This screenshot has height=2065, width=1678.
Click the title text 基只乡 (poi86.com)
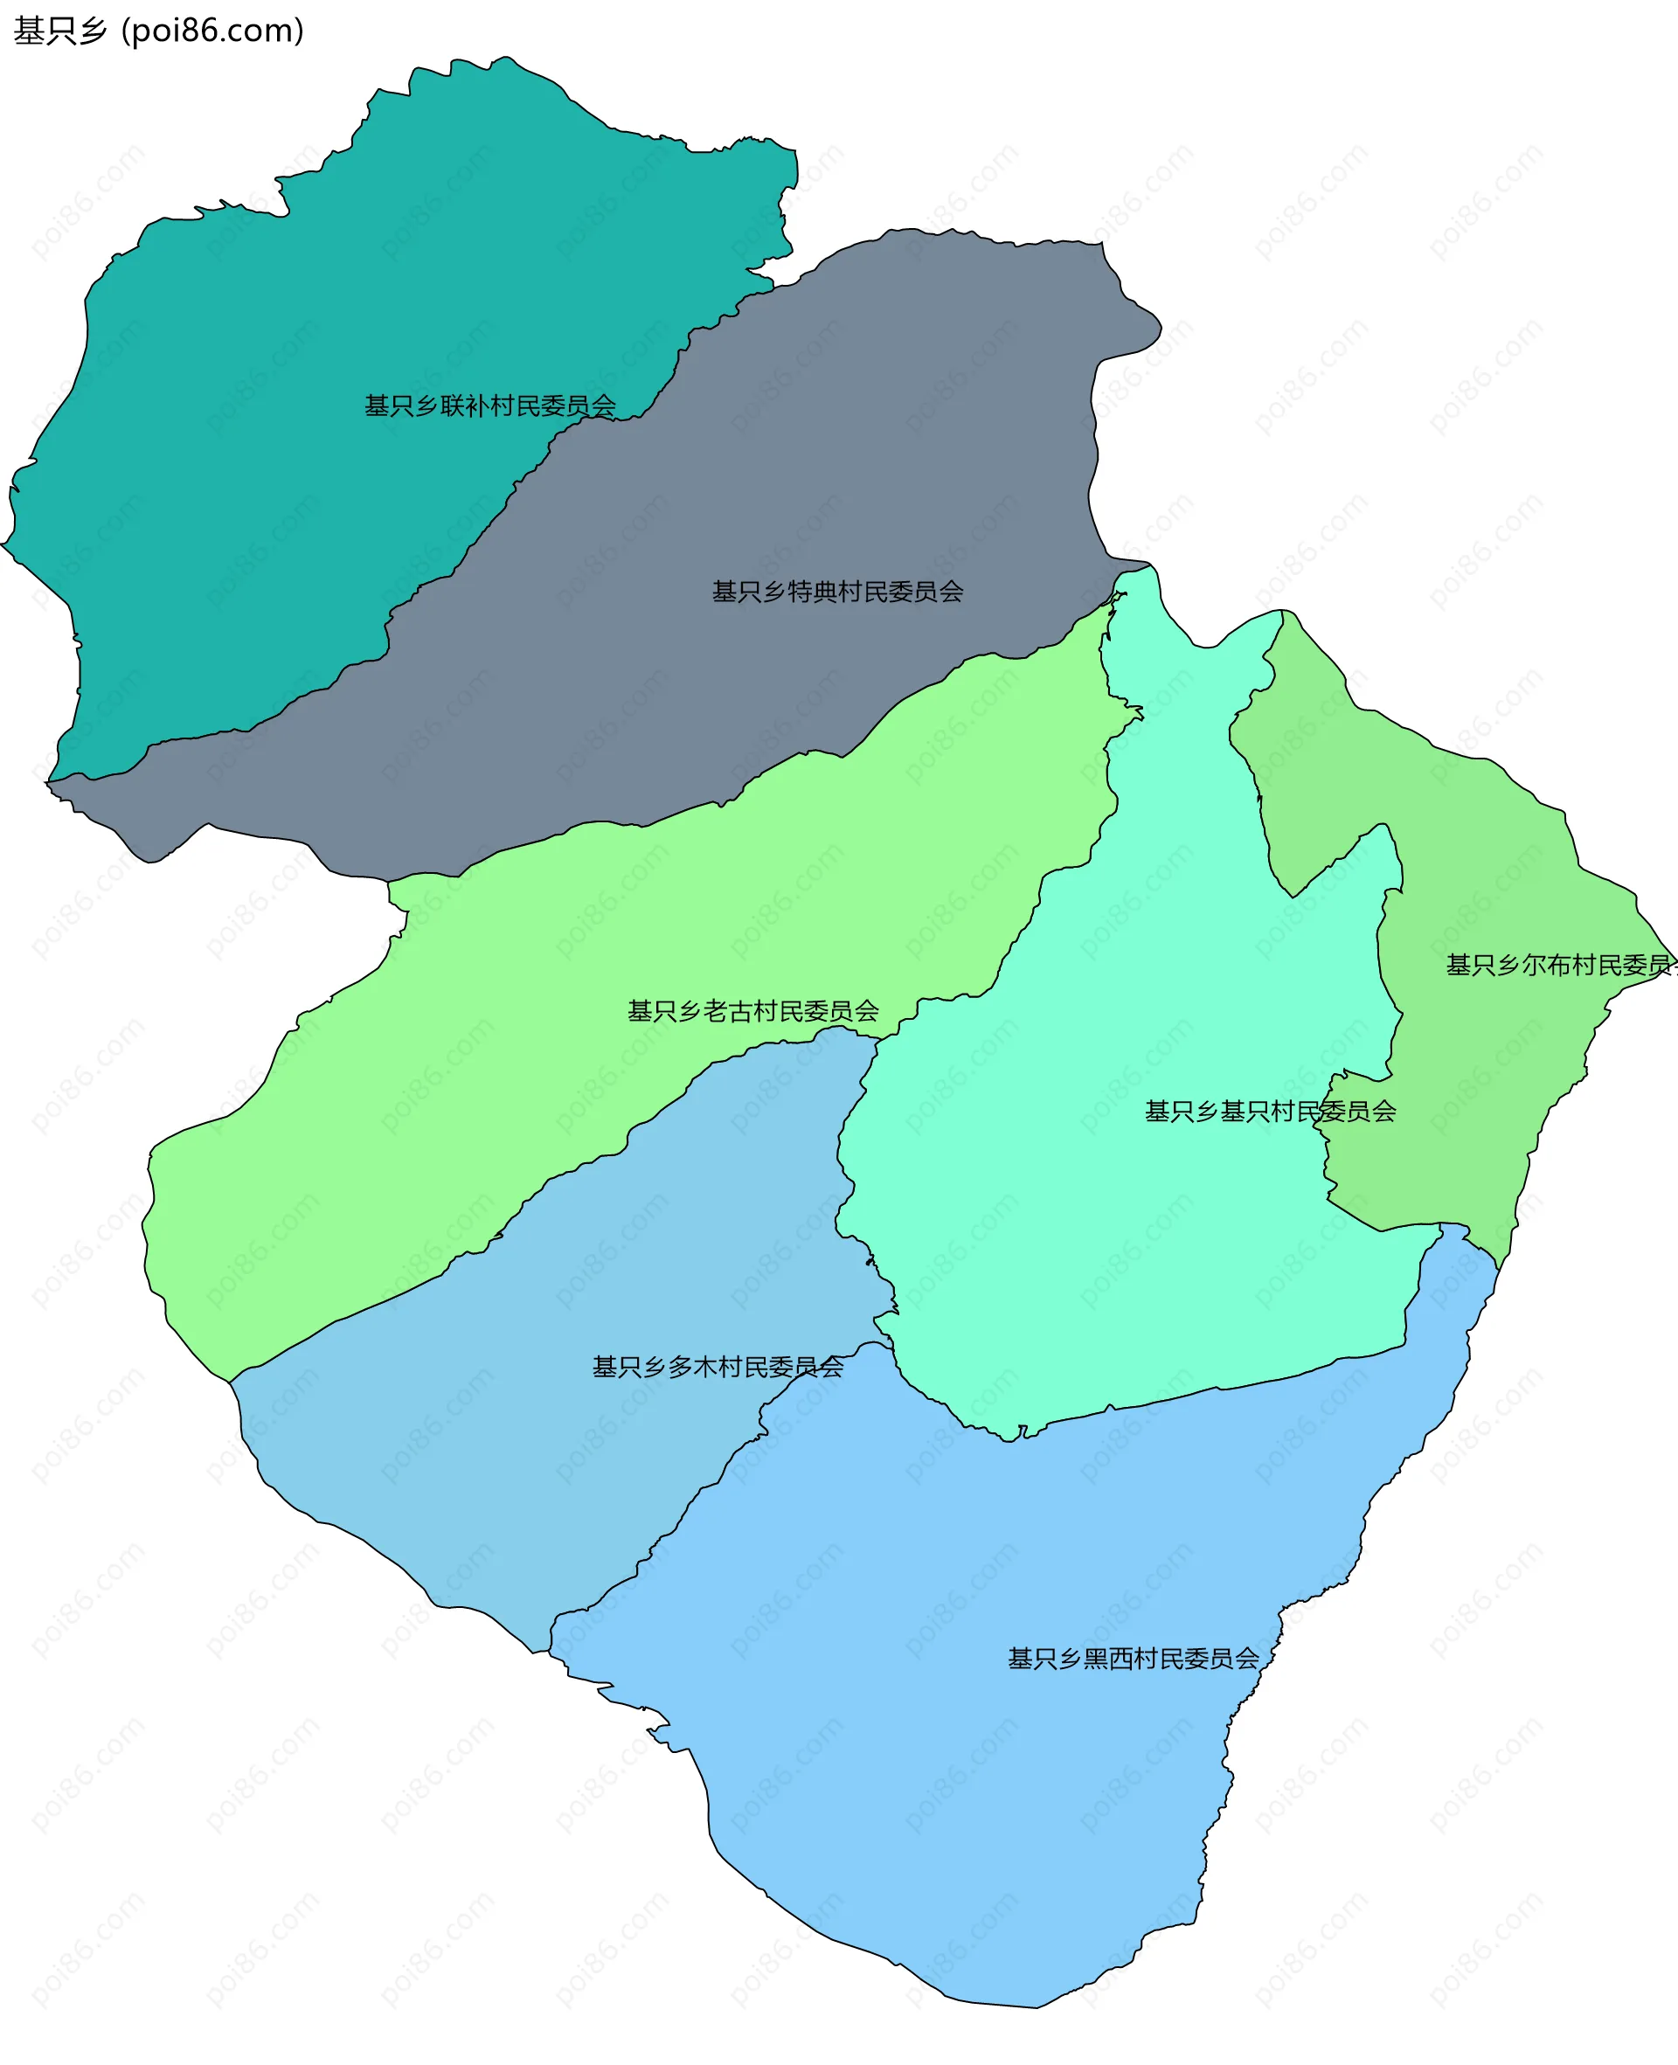tap(158, 31)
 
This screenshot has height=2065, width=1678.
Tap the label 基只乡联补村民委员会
tap(490, 405)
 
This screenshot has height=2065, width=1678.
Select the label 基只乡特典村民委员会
tap(837, 592)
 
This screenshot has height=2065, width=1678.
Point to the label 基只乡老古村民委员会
tap(753, 1011)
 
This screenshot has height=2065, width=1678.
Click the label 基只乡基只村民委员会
tap(1269, 1112)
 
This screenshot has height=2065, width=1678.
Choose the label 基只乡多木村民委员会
tap(718, 1367)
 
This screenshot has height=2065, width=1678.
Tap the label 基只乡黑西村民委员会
tap(1133, 1658)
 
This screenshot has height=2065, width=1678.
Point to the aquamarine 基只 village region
tap(1112, 1256)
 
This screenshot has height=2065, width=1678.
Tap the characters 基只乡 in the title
tap(60, 31)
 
